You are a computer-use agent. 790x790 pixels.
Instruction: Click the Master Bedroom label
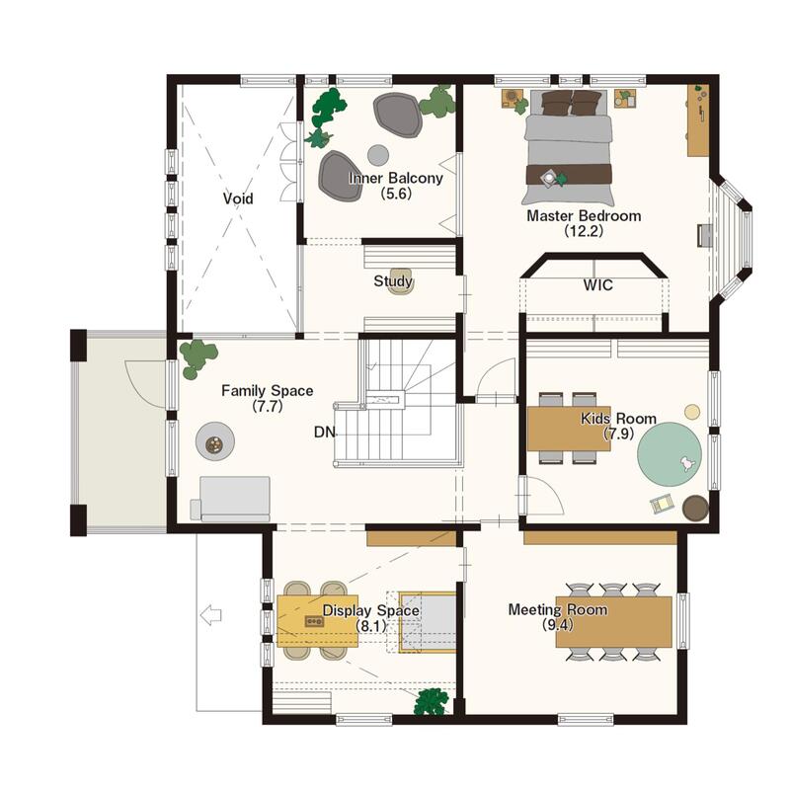tap(584, 215)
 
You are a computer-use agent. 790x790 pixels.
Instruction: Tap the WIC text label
tap(598, 285)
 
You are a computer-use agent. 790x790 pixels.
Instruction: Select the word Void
tap(238, 198)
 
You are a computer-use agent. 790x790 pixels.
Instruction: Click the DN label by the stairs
tap(324, 432)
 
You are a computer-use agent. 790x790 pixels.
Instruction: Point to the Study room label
tap(393, 281)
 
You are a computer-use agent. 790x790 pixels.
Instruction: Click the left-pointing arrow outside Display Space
tap(210, 615)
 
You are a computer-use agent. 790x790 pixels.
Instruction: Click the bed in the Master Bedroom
tap(569, 147)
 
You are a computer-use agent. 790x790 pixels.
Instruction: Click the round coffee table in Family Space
tap(215, 440)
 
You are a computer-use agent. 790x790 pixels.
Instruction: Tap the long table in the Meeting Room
tap(613, 622)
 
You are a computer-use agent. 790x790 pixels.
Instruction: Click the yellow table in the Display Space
tap(317, 621)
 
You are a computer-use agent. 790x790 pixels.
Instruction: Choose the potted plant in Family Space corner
tap(198, 357)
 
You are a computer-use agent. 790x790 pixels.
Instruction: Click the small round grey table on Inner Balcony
tap(378, 155)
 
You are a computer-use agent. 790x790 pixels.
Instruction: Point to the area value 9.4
tap(558, 625)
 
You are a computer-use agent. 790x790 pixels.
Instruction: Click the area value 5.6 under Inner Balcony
tap(396, 194)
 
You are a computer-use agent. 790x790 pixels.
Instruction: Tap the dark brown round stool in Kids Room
tap(695, 508)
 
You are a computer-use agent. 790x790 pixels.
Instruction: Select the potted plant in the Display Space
tap(432, 701)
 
